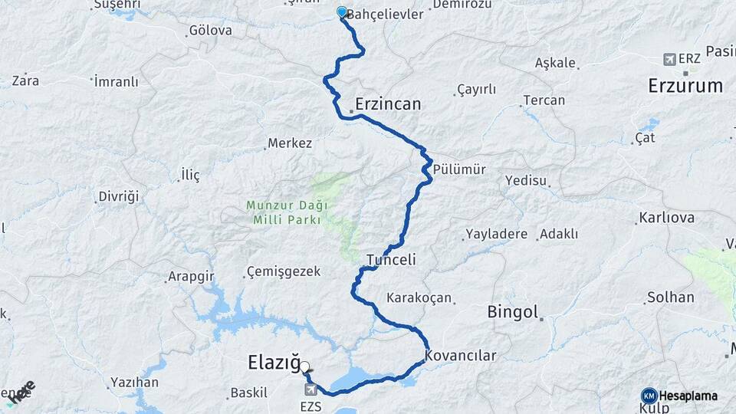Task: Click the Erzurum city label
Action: (x=685, y=85)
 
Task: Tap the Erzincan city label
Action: (x=388, y=103)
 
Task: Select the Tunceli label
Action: (x=391, y=260)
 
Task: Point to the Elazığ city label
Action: (x=274, y=362)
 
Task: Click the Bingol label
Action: (x=513, y=312)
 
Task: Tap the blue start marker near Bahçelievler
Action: (x=342, y=12)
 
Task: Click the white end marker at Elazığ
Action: (x=305, y=367)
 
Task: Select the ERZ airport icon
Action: (x=670, y=59)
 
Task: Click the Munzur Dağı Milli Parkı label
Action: (x=287, y=212)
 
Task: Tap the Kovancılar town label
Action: (x=461, y=356)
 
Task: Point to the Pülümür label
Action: (x=459, y=169)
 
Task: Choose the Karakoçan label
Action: (x=419, y=297)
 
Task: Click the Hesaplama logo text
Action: (x=687, y=396)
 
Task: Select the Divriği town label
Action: (x=119, y=197)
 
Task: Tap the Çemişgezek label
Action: (x=284, y=271)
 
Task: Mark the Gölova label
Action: (x=210, y=31)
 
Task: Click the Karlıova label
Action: (x=666, y=218)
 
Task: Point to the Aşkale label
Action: (x=556, y=62)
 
